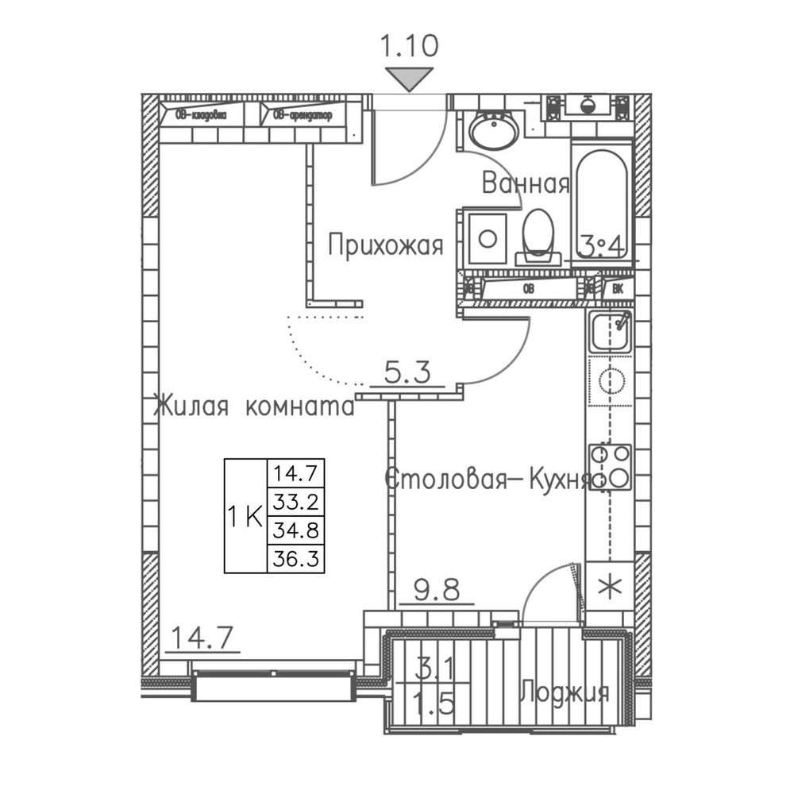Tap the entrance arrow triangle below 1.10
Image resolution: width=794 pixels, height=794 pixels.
tap(410, 78)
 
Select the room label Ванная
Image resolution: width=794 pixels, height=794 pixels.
tap(526, 184)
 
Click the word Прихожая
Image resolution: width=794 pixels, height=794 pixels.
tap(385, 245)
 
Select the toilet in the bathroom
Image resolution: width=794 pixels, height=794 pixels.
tap(539, 234)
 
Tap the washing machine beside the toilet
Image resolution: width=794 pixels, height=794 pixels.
tap(488, 237)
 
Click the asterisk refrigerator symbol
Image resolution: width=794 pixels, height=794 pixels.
tap(610, 588)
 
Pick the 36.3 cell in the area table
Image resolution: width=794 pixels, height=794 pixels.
tap(295, 559)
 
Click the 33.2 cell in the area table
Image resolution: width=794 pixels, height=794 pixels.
tap(295, 501)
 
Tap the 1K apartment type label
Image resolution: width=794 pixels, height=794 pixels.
tap(245, 518)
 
